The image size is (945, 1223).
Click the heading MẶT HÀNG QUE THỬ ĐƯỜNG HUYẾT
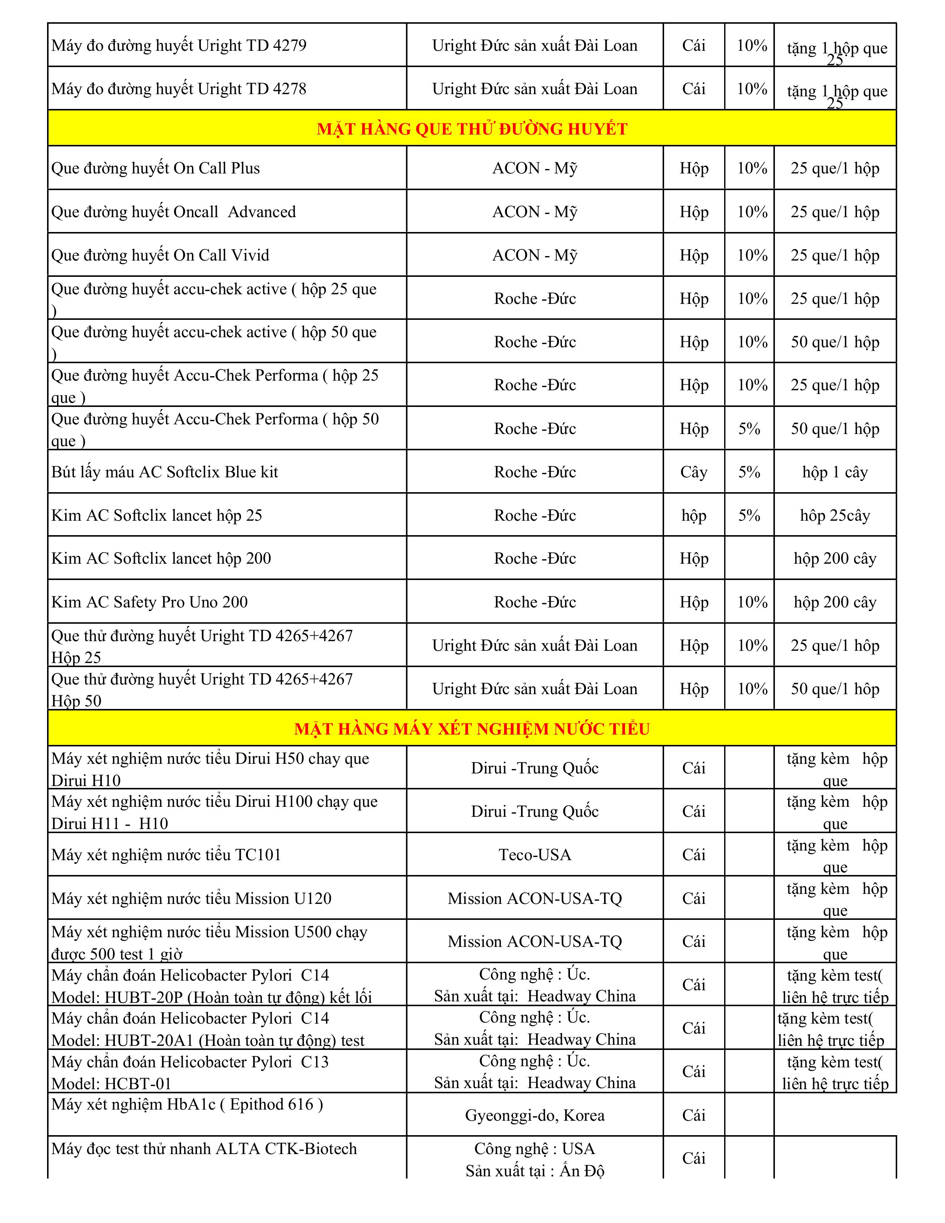[x=472, y=129]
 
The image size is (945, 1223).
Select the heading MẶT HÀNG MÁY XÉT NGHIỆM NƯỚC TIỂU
[x=472, y=729]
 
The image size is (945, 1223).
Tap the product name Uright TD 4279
[x=179, y=45]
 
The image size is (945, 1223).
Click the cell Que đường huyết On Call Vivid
[x=160, y=255]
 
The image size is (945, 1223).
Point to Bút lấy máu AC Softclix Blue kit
[x=165, y=472]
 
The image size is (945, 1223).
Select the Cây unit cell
[x=694, y=472]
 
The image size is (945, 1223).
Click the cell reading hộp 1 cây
[x=835, y=472]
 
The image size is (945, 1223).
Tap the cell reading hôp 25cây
[x=835, y=515]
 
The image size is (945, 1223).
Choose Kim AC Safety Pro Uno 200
[x=149, y=602]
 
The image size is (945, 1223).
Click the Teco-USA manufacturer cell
[x=535, y=855]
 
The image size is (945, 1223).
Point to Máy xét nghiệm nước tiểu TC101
[x=166, y=855]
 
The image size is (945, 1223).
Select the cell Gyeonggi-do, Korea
[x=535, y=1116]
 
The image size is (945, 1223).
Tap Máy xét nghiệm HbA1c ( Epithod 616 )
[x=187, y=1104]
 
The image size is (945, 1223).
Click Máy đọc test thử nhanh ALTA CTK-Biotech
[x=204, y=1149]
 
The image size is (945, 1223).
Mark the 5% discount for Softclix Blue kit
[x=749, y=472]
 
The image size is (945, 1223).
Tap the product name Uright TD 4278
[x=179, y=89]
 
